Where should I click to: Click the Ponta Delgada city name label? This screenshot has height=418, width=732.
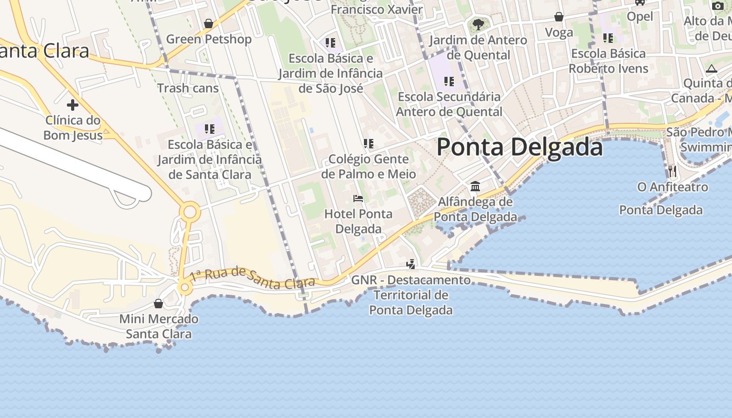(519, 147)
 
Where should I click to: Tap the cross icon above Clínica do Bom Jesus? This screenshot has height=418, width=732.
(73, 105)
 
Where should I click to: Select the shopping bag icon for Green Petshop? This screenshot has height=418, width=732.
(209, 24)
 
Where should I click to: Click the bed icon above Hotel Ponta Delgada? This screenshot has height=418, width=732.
(358, 199)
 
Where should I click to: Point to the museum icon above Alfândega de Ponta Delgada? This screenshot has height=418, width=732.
(475, 186)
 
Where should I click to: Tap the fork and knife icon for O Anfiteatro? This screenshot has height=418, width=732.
(672, 171)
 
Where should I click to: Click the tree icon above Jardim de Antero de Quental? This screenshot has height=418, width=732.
(478, 24)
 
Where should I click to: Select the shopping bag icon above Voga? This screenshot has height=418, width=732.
(559, 17)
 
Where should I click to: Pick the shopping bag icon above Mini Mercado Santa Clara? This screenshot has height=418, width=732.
(158, 304)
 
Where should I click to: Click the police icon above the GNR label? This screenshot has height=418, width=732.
(411, 264)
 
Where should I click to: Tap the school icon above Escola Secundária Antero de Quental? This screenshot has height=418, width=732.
(449, 81)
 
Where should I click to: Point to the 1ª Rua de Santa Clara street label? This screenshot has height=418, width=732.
(252, 278)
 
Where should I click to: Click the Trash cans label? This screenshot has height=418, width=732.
(188, 88)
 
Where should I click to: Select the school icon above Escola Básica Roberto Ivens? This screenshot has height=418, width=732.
(608, 38)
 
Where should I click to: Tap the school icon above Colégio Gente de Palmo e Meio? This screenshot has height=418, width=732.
(369, 143)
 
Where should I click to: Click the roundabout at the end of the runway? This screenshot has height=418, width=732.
(190, 212)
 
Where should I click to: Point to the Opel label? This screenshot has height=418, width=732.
(640, 16)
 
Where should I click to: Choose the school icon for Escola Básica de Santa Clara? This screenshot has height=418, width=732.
(210, 129)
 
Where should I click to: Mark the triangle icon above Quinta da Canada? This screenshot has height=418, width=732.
(711, 68)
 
